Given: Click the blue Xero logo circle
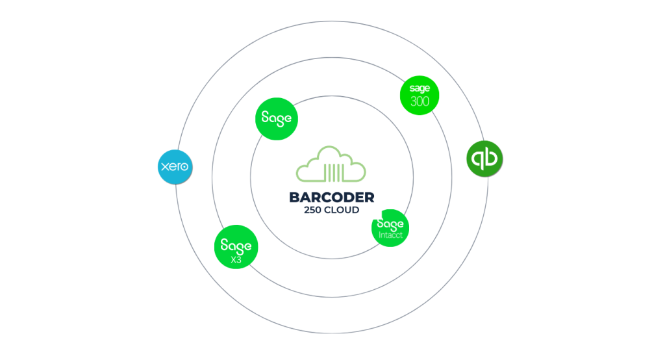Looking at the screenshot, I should [176, 167].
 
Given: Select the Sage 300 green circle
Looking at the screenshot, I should [420, 95].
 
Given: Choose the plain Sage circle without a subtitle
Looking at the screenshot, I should [277, 119].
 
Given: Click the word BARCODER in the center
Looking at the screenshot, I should [332, 198].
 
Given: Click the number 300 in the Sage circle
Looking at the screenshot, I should [420, 101].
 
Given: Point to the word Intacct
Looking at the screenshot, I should [391, 235].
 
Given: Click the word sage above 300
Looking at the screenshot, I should [420, 88].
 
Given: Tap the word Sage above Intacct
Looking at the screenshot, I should [391, 224].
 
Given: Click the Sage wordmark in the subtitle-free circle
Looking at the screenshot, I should [277, 119].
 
